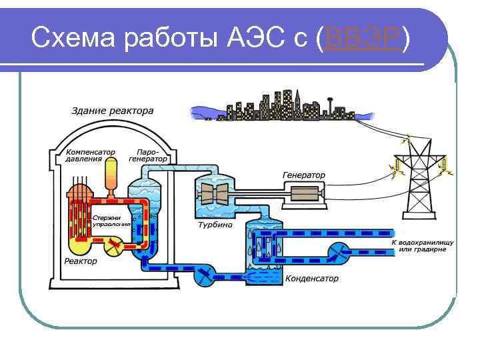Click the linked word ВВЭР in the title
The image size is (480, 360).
tap(361, 41)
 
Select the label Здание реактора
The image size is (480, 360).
tap(113, 111)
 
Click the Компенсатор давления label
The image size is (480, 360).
tap(91, 155)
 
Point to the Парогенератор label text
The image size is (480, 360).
tap(147, 155)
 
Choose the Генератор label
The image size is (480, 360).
tap(304, 175)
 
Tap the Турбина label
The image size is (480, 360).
tap(215, 225)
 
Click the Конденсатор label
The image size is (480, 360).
tap(312, 278)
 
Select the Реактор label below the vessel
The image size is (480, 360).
tap(80, 261)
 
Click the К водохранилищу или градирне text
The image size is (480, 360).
tap(421, 245)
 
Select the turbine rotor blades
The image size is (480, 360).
tap(215, 195)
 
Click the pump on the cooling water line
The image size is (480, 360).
tap(341, 251)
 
